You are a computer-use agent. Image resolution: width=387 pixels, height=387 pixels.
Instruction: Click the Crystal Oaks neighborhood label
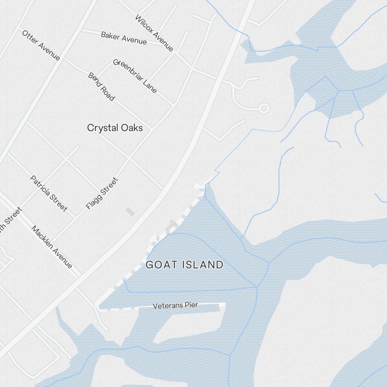pyautogui.click(x=115, y=128)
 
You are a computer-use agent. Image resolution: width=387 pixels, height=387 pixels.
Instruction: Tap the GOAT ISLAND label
pyautogui.click(x=185, y=265)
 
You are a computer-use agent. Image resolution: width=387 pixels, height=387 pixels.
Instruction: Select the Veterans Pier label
pyautogui.click(x=175, y=305)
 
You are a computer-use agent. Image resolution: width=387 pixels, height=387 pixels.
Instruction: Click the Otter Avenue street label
pyautogui.click(x=41, y=45)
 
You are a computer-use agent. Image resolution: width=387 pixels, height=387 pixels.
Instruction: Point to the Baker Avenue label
pyautogui.click(x=124, y=38)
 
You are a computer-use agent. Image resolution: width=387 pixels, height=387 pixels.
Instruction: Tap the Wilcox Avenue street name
pyautogui.click(x=154, y=33)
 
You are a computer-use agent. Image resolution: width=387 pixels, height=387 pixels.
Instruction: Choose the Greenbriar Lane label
pyautogui.click(x=135, y=76)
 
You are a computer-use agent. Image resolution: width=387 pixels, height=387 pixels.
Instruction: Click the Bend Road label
pyautogui.click(x=101, y=87)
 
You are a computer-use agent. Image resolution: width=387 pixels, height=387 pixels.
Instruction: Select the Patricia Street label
pyautogui.click(x=49, y=193)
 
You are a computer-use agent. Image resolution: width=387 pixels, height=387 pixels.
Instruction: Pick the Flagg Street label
pyautogui.click(x=102, y=193)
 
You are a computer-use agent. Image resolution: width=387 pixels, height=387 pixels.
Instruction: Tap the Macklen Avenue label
pyautogui.click(x=52, y=247)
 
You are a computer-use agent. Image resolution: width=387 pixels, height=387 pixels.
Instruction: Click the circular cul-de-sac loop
pyautogui.click(x=264, y=108)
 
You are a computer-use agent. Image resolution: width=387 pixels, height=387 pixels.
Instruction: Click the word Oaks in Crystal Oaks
pyautogui.click(x=131, y=128)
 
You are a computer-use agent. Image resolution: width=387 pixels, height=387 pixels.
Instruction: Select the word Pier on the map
pyautogui.click(x=191, y=305)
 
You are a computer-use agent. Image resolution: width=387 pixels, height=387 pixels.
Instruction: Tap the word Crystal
pyautogui.click(x=102, y=128)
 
